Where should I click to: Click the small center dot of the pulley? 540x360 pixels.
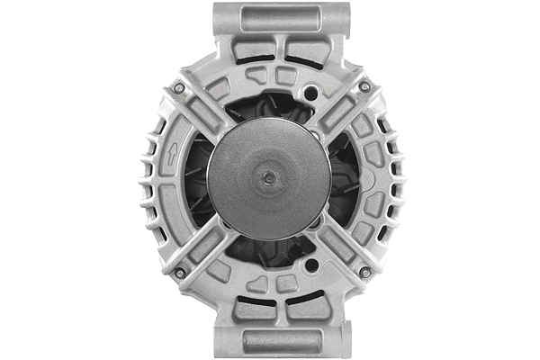click(267, 179)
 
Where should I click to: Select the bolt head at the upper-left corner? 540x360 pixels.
click(179, 87)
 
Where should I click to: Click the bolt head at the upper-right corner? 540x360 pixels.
click(364, 86)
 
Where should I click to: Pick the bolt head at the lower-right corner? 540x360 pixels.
click(364, 272)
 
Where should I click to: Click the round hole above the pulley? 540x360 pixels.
click(310, 93)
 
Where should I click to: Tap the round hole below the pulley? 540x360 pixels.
click(310, 265)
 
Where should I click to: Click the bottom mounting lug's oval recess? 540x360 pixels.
click(281, 341)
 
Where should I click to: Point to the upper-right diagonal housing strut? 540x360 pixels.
click(340, 112)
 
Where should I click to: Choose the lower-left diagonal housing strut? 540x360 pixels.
click(203, 247)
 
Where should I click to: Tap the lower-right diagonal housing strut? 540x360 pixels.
click(340, 247)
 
